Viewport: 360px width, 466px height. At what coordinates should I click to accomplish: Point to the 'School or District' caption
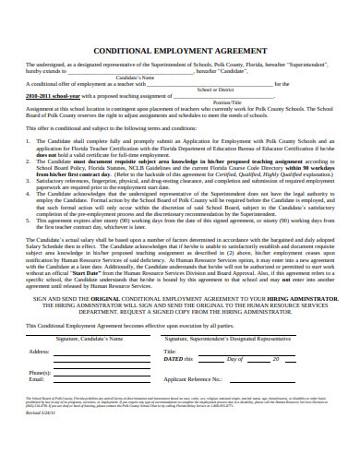coord(216,90)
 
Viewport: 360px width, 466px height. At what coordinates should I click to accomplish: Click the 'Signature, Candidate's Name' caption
coord(89,314)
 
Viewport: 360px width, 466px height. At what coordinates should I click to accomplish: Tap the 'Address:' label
coord(40,326)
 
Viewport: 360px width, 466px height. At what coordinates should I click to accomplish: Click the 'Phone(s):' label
coord(41,345)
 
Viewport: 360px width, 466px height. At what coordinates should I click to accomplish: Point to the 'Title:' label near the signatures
coord(170,326)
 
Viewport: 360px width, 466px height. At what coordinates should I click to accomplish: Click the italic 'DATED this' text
coord(181,333)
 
